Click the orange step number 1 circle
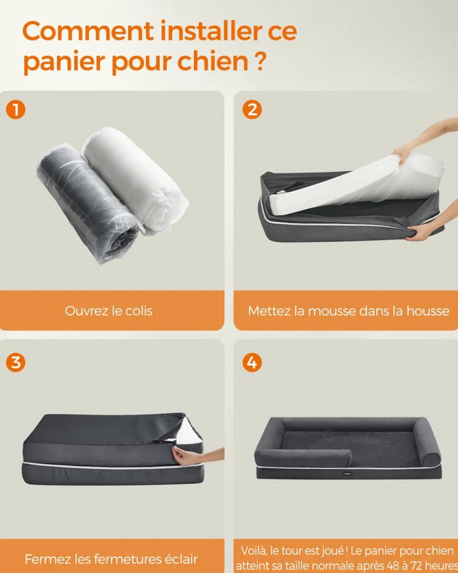pos(16,110)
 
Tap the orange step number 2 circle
pos(252,110)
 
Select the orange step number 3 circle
pos(16,363)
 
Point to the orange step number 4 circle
pos(252,363)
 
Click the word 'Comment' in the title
pos(88,31)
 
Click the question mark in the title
pos(259,62)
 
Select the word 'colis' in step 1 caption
pos(139,311)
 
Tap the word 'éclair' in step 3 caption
pos(181,559)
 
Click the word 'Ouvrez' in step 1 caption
pos(86,311)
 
